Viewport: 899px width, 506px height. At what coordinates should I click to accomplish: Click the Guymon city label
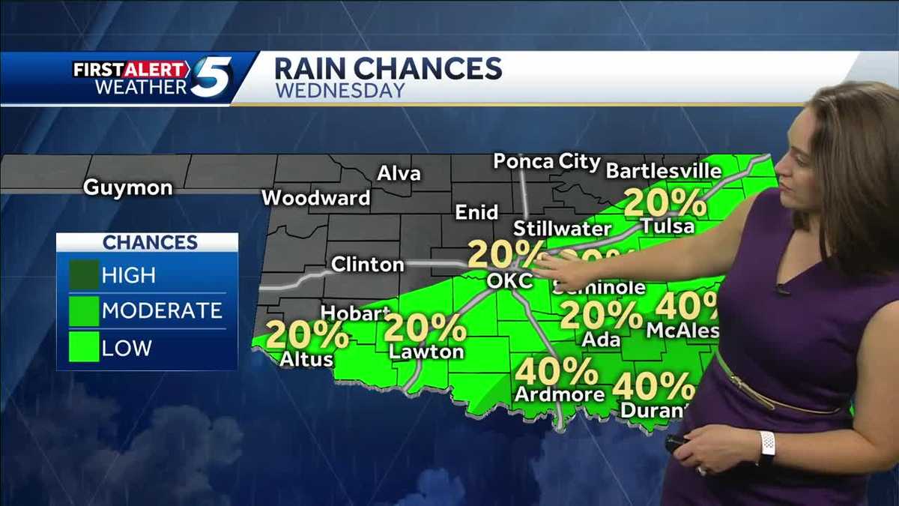coord(127,187)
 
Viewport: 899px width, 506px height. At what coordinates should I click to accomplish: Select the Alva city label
coord(398,174)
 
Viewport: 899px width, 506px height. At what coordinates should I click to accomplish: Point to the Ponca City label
coord(547,162)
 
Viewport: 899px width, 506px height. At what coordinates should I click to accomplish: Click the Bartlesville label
coord(663,171)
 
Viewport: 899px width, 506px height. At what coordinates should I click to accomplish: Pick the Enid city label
coord(477,212)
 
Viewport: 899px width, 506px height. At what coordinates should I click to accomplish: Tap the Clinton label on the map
coord(367,265)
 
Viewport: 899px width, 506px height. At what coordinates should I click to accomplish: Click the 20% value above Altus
coord(306,335)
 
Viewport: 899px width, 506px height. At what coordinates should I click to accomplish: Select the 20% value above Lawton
coord(425,328)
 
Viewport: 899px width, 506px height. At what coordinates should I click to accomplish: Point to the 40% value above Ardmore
coord(556,371)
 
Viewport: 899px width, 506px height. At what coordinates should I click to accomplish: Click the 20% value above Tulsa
coord(665,202)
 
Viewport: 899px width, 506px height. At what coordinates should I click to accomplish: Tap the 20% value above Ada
coord(601,316)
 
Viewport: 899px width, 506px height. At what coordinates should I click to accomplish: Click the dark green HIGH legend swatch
coord(83,275)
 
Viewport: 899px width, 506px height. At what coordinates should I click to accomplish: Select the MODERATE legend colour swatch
coord(83,311)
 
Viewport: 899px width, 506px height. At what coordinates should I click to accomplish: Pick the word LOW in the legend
coord(127,348)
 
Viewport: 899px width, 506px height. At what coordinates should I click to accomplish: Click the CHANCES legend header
coord(150,242)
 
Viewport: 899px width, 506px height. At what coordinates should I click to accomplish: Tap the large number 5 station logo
coord(211,77)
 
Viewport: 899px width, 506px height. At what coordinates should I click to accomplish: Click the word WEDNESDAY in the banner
coord(340,91)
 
